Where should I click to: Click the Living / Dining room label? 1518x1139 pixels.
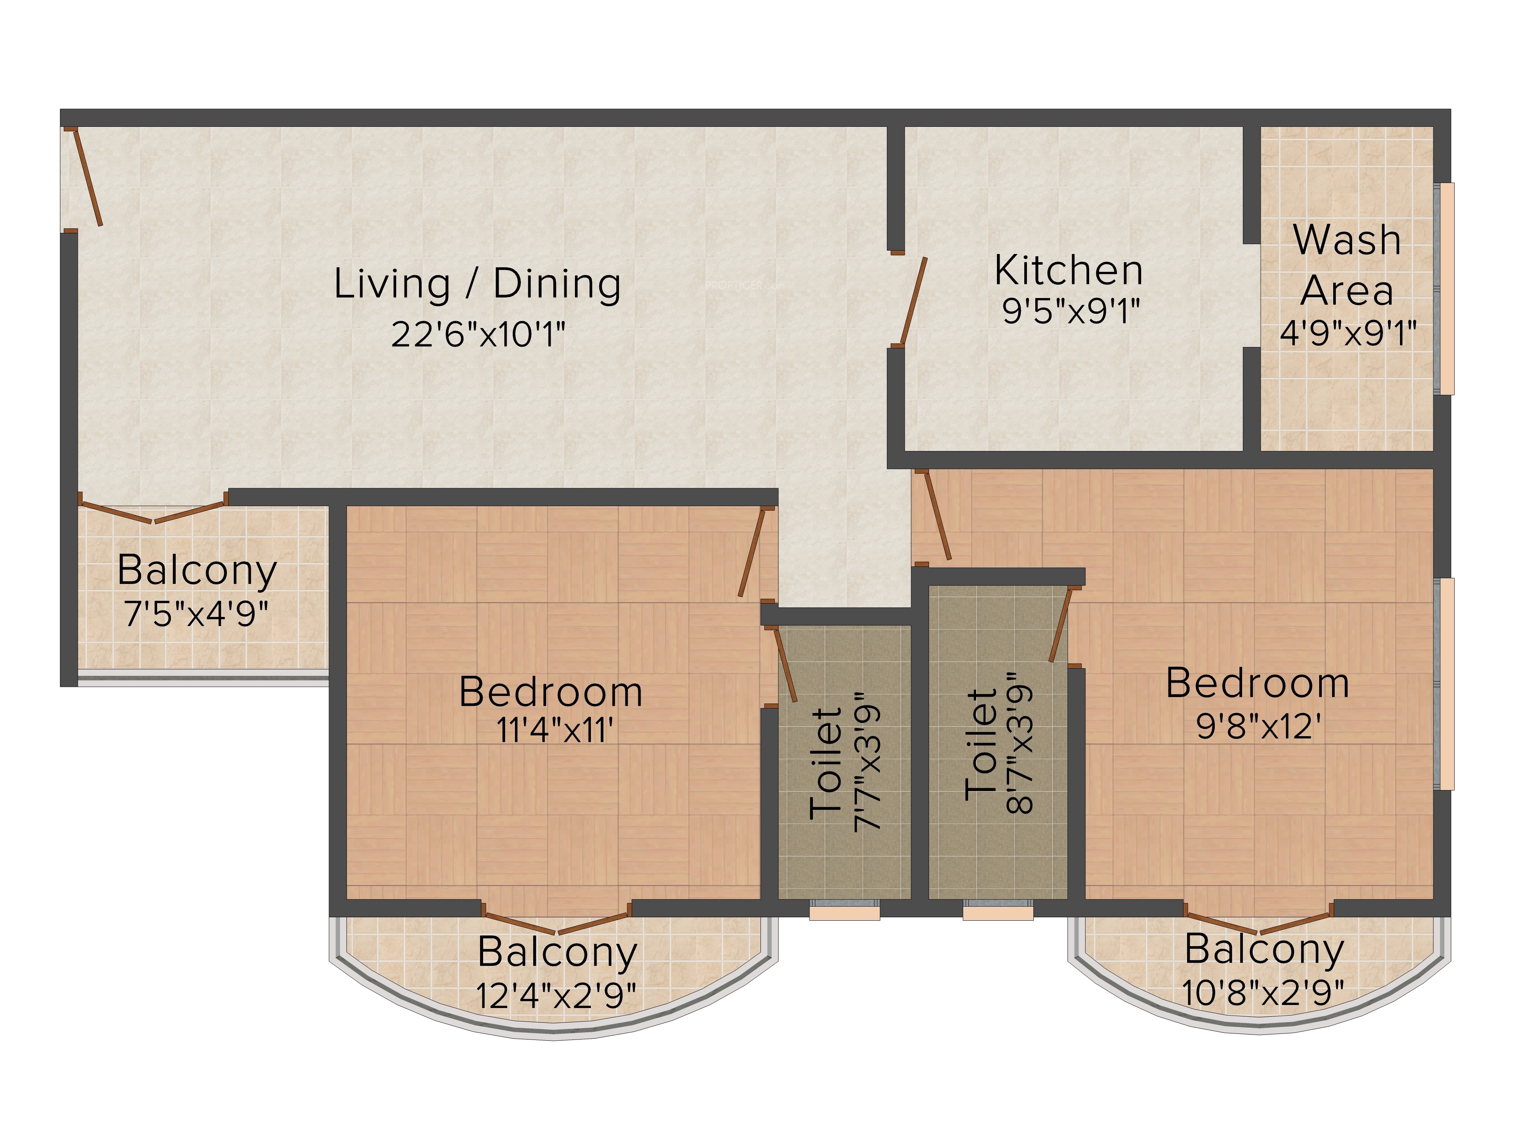478,284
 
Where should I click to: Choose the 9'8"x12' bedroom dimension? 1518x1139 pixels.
1259,725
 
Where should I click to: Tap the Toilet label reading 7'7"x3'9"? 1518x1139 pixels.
844,762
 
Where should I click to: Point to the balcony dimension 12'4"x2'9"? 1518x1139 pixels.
557,995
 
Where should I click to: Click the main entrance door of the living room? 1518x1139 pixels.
87,177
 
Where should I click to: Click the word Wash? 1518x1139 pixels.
1346,240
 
